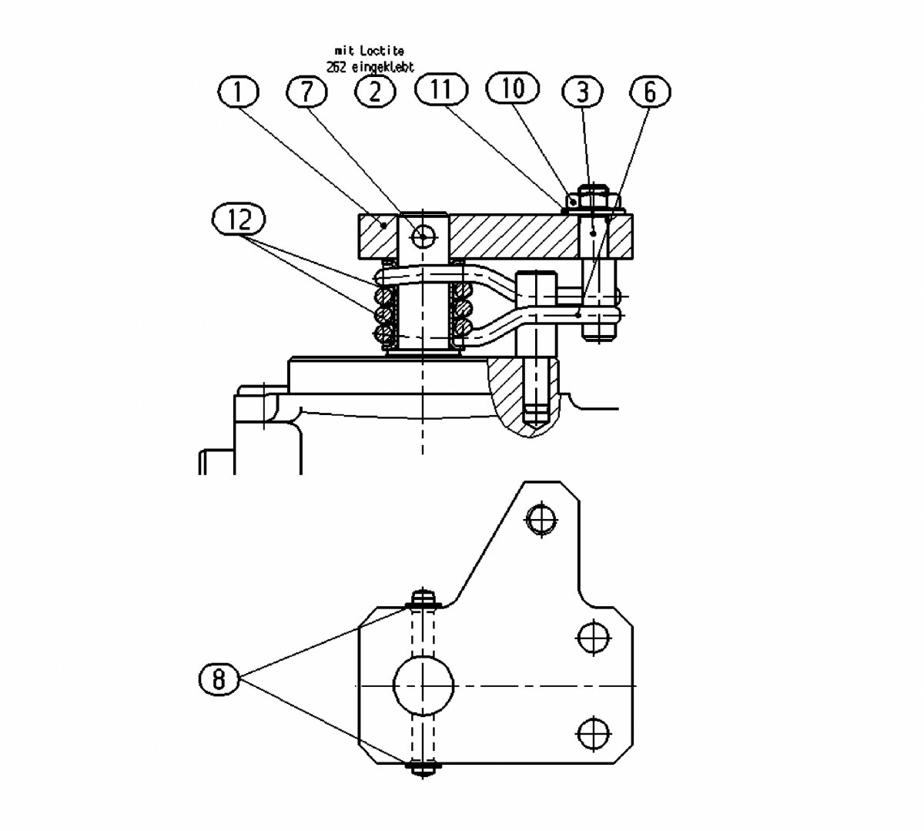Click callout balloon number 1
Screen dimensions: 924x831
[x=238, y=92]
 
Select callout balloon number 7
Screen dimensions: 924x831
[x=306, y=92]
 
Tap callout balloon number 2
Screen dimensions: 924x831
[x=375, y=92]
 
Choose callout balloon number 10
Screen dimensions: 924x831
[x=512, y=88]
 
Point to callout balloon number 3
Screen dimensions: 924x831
[x=582, y=92]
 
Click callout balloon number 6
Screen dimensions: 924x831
[x=649, y=92]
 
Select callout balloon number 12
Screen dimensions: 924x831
[x=239, y=219]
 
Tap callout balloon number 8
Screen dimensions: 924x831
[x=219, y=679]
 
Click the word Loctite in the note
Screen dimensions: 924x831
[x=382, y=50]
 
